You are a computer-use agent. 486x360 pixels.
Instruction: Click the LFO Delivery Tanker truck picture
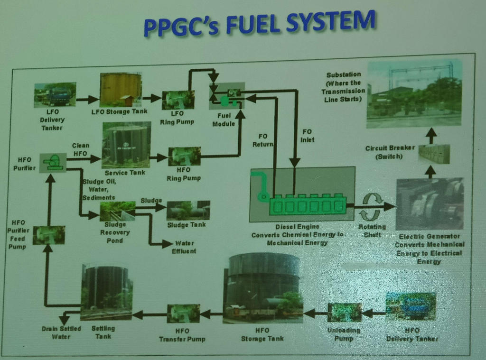55,95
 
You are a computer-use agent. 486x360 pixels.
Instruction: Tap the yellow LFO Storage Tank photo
121,89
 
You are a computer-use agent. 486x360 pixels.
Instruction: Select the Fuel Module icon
227,96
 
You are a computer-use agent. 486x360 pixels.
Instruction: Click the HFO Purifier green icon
53,162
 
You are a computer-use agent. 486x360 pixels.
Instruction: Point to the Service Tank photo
126,145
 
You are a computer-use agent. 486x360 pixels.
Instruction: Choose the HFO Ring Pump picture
184,156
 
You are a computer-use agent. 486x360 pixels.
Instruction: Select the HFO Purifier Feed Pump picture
49,235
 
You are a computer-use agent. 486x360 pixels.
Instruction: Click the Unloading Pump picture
345,313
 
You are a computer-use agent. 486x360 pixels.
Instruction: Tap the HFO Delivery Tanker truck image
411,306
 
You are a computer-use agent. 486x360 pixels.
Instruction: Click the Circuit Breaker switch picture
434,154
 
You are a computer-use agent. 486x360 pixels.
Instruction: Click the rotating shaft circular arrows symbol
372,206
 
